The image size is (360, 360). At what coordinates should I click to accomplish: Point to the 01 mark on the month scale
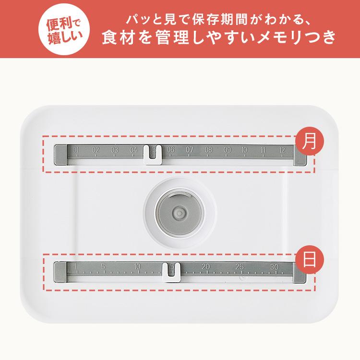pos(77,150)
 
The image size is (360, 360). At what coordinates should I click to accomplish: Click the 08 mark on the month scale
pos(208,150)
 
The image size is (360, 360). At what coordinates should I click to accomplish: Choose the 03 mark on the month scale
pos(114,150)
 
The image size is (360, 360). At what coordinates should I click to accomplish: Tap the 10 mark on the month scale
pos(245,150)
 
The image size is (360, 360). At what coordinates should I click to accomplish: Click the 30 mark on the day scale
pos(274,267)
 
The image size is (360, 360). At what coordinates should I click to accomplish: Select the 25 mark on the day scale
pos(240,267)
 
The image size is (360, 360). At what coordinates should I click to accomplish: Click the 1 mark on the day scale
pos(76,267)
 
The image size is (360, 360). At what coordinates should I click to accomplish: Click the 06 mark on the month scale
pos(170,150)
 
